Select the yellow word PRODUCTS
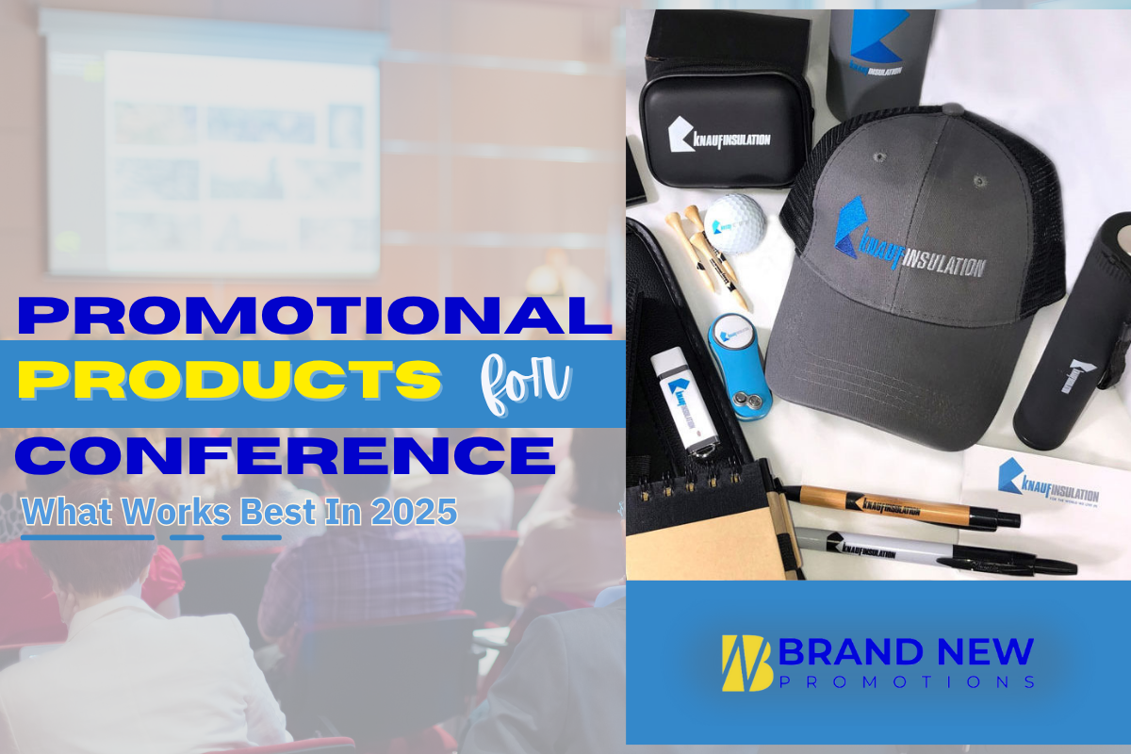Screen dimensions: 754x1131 tap(230, 381)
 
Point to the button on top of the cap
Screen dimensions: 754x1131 tap(879, 156)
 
